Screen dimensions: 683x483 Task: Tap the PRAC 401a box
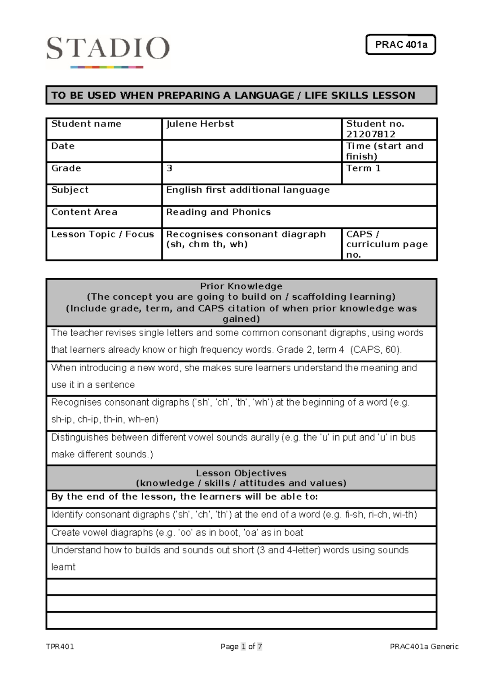[401, 45]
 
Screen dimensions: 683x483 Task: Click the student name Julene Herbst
[200, 124]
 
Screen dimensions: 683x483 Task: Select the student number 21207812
[371, 134]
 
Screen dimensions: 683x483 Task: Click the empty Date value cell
[252, 151]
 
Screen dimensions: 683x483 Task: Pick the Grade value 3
[169, 168]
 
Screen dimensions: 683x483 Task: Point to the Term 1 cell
[363, 168]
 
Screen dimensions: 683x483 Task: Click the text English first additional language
[248, 190]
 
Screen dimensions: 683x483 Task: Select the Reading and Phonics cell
[219, 212]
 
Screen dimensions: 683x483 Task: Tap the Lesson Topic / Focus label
[103, 234]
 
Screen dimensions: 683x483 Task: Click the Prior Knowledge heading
[241, 286]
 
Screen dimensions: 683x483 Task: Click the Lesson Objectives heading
[241, 473]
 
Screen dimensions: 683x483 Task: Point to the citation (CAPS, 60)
[376, 350]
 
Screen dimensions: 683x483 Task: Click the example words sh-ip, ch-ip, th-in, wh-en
[105, 419]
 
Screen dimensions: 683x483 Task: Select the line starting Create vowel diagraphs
[177, 532]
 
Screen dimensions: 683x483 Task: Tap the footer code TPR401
[60, 646]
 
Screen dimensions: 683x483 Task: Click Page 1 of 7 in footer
[241, 646]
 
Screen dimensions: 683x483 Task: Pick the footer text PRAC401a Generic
[424, 646]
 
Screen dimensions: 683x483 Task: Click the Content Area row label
[84, 212]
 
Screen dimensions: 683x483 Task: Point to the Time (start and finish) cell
[384, 151]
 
